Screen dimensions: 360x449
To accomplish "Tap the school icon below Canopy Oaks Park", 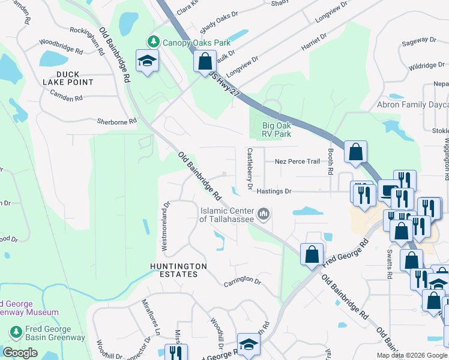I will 146,61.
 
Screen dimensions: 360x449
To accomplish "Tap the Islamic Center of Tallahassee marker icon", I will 263,214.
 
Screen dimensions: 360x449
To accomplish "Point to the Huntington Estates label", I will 179,270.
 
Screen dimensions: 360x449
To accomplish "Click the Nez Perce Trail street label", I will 297,161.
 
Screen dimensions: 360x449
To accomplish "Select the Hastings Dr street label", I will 274,191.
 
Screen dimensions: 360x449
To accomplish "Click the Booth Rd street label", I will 330,162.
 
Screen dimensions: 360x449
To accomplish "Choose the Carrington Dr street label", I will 243,281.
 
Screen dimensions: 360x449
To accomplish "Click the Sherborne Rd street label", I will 117,121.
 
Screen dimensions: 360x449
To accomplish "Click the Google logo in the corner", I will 20,353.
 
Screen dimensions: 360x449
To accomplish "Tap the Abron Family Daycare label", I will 412,104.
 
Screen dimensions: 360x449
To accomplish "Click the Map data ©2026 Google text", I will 412,355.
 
